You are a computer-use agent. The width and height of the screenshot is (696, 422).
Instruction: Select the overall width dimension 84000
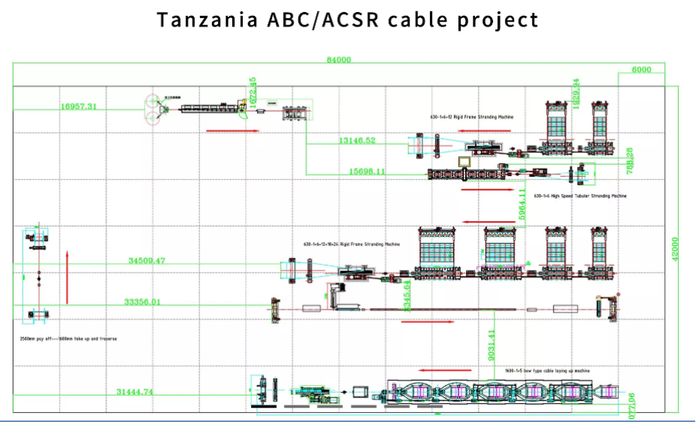(339, 61)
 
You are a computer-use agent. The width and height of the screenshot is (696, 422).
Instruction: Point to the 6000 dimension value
(641, 70)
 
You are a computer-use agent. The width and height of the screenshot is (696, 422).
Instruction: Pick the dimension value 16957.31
(79, 106)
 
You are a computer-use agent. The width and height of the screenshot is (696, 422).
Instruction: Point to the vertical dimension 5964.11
(522, 202)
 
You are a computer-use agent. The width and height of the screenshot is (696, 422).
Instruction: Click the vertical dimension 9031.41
(491, 346)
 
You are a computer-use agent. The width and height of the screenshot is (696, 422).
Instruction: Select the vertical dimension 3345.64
(408, 296)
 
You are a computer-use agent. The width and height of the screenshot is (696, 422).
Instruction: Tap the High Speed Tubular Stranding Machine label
(580, 196)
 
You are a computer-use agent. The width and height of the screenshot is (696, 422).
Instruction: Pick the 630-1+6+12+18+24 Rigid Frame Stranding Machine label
(351, 244)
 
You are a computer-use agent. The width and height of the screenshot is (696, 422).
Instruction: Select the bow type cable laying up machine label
(547, 370)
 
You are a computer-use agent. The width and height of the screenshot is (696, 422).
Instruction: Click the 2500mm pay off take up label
(68, 339)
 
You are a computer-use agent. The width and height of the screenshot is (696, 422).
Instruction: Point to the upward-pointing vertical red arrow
(67, 277)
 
